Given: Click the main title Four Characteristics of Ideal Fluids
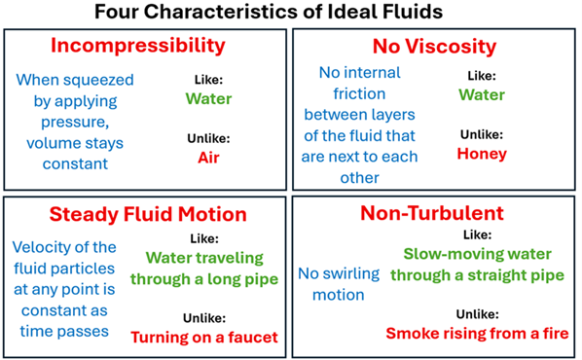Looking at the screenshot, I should (x=290, y=14).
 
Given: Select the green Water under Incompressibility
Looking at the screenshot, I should (x=209, y=97).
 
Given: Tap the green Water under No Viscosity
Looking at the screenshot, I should (x=482, y=94).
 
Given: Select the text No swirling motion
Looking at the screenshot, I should (x=331, y=283).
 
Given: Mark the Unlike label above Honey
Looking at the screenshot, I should (x=479, y=133).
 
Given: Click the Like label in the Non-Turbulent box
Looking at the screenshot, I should (x=477, y=234).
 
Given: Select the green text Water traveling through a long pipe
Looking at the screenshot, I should (x=207, y=268).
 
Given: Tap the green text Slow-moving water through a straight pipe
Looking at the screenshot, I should (x=477, y=265).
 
